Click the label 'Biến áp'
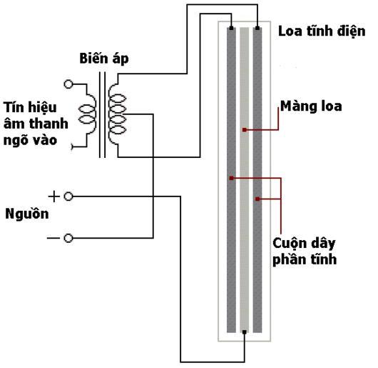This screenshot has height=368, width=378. click(x=104, y=59)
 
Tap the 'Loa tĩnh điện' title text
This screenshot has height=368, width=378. click(x=322, y=31)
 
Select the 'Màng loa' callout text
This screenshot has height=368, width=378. click(x=311, y=106)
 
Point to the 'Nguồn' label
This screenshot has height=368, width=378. click(x=27, y=214)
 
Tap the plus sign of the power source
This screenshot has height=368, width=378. click(x=54, y=197)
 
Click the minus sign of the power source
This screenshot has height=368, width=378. click(x=53, y=239)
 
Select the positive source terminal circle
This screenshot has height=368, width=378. click(x=68, y=197)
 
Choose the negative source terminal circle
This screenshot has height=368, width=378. click(x=68, y=239)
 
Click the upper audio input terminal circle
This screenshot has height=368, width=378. click(x=68, y=84)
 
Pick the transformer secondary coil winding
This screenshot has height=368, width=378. click(x=117, y=114)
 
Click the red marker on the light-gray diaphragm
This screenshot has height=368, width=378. click(x=245, y=130)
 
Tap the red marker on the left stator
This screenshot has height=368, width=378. click(x=231, y=178)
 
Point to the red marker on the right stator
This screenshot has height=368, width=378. click(x=257, y=199)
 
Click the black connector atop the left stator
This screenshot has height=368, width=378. click(x=231, y=29)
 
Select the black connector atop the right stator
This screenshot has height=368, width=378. click(x=257, y=29)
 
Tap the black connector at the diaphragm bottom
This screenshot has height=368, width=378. click(x=245, y=332)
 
